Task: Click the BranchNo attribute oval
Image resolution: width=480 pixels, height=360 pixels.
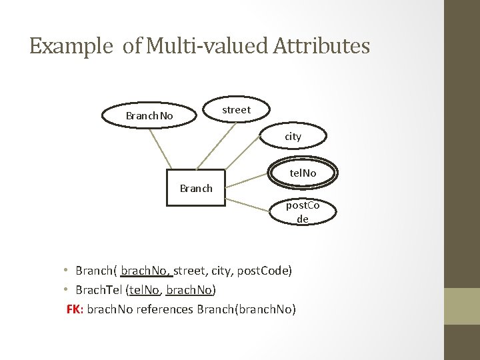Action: click(x=149, y=116)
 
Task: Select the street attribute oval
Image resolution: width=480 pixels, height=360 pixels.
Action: click(x=236, y=110)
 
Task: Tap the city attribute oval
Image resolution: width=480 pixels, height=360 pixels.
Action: click(x=293, y=136)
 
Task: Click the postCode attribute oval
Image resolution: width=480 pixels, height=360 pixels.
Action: click(x=303, y=212)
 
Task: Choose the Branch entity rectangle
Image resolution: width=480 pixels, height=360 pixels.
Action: click(x=196, y=188)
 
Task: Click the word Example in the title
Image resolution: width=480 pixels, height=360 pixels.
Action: click(x=72, y=46)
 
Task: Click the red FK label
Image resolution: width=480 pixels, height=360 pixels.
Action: click(x=74, y=309)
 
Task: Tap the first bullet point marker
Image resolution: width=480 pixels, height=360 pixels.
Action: click(x=67, y=271)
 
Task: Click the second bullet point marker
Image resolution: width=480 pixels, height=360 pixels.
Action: click(x=67, y=290)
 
